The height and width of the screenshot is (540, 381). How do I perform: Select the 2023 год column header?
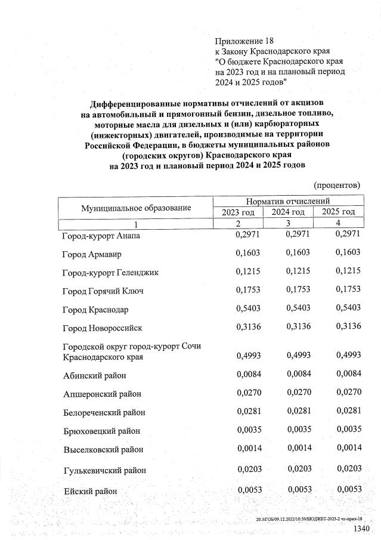tap(238, 212)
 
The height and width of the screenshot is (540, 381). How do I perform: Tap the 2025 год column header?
tap(338, 212)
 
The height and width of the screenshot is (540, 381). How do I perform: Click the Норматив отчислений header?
tap(288, 202)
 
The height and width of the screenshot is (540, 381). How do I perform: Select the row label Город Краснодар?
tap(95, 310)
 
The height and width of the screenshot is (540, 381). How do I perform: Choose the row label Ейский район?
tap(89, 492)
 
